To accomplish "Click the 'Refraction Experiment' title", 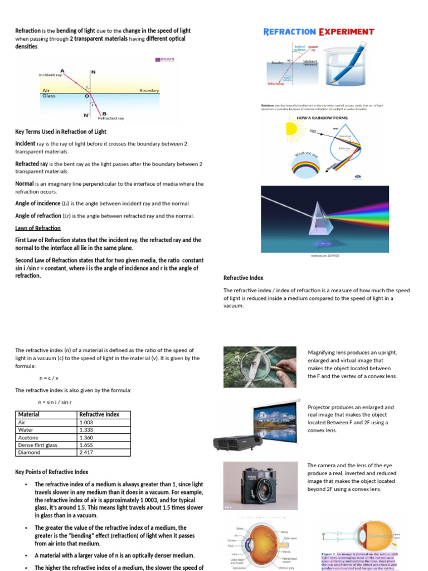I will [318, 31].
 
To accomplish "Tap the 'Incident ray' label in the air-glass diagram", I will [50, 75].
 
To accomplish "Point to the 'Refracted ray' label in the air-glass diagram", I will [111, 118].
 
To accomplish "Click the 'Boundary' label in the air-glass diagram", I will [149, 90].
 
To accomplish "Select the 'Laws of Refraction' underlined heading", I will [38, 228].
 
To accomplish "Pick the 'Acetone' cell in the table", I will [28, 438].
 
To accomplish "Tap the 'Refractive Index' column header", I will [99, 414].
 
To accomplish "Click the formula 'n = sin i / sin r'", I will [55, 401].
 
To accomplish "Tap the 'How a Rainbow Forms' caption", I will [322, 118].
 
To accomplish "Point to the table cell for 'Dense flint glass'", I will [37, 445].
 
